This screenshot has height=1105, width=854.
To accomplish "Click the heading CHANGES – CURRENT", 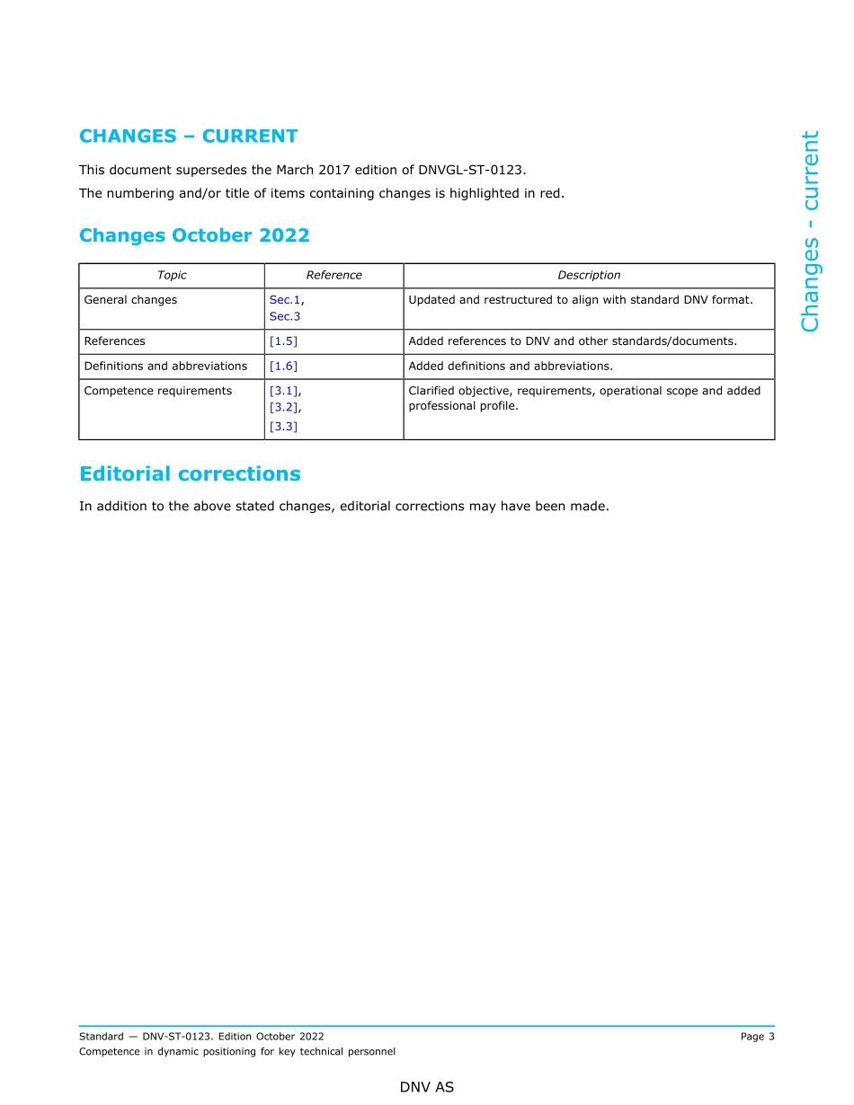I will [188, 137].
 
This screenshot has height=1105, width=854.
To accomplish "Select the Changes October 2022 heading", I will [194, 235].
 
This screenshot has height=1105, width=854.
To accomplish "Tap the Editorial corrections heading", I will [190, 473].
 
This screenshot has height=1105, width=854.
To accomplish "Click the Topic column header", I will [172, 276].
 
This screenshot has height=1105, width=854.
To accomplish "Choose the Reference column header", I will [334, 276].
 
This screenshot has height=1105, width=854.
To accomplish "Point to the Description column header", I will [589, 276].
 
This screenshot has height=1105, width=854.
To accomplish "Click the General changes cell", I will [130, 300].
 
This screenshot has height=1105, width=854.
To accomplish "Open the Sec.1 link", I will [284, 300].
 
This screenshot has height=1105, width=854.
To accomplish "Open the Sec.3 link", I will [284, 316].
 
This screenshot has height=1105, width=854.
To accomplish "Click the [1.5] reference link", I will [283, 341].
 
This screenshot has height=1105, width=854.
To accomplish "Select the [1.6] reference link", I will [283, 367].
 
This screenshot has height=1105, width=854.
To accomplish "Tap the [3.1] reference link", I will [284, 391].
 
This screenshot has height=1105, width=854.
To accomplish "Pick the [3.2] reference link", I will [284, 407].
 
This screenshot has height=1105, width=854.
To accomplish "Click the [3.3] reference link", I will [283, 427].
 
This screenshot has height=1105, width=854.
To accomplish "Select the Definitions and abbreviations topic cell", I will [165, 367].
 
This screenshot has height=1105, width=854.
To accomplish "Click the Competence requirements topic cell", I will [157, 391].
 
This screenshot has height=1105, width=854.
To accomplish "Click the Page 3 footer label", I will [757, 1037].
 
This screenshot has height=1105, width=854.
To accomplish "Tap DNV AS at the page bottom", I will [427, 1087].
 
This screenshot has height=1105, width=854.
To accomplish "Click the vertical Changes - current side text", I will [810, 231].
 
